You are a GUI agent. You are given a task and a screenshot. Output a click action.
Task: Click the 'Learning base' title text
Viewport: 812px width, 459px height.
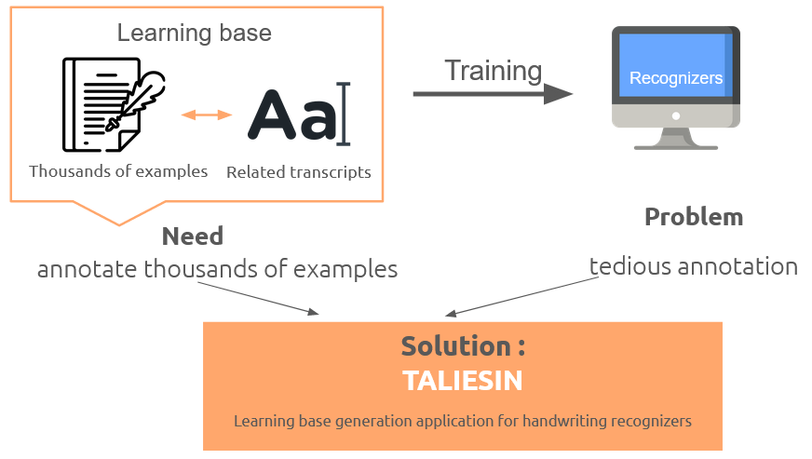tap(195, 34)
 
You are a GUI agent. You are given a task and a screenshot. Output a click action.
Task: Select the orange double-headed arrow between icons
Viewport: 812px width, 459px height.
tap(206, 115)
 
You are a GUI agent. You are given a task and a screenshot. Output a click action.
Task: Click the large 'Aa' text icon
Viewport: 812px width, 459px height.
tap(299, 114)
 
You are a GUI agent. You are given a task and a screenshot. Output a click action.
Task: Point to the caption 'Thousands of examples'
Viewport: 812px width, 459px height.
tap(118, 171)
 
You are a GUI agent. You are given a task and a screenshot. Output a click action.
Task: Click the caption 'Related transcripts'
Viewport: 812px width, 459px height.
tap(299, 172)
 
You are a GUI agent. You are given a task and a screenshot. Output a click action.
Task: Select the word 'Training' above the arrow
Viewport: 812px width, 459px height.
tap(493, 71)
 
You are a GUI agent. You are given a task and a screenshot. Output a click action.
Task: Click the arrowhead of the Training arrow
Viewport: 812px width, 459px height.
tap(559, 94)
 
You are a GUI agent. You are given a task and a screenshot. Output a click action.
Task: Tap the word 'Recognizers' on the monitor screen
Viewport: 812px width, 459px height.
tap(676, 78)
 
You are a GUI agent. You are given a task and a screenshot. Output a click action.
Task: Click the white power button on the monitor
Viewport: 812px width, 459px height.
tap(676, 116)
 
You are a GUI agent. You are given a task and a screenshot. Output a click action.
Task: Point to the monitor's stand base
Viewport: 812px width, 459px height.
tap(676, 147)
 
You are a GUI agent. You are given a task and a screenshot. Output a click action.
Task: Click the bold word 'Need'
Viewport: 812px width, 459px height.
tap(193, 236)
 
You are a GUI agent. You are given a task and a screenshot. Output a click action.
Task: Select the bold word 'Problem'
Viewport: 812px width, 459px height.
tap(694, 217)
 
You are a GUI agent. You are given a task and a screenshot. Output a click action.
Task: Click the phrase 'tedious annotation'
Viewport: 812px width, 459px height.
tap(694, 266)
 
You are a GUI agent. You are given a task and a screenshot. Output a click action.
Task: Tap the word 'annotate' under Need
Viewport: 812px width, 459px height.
tap(88, 269)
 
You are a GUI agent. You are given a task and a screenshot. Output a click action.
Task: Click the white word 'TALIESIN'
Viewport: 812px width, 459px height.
tap(463, 381)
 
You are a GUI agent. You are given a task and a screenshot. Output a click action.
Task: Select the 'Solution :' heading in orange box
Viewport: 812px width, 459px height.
tap(463, 346)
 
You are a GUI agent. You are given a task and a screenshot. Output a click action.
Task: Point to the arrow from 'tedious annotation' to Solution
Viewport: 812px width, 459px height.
tap(522, 297)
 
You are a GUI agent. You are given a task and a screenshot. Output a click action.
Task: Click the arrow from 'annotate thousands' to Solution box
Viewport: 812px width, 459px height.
tap(258, 299)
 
